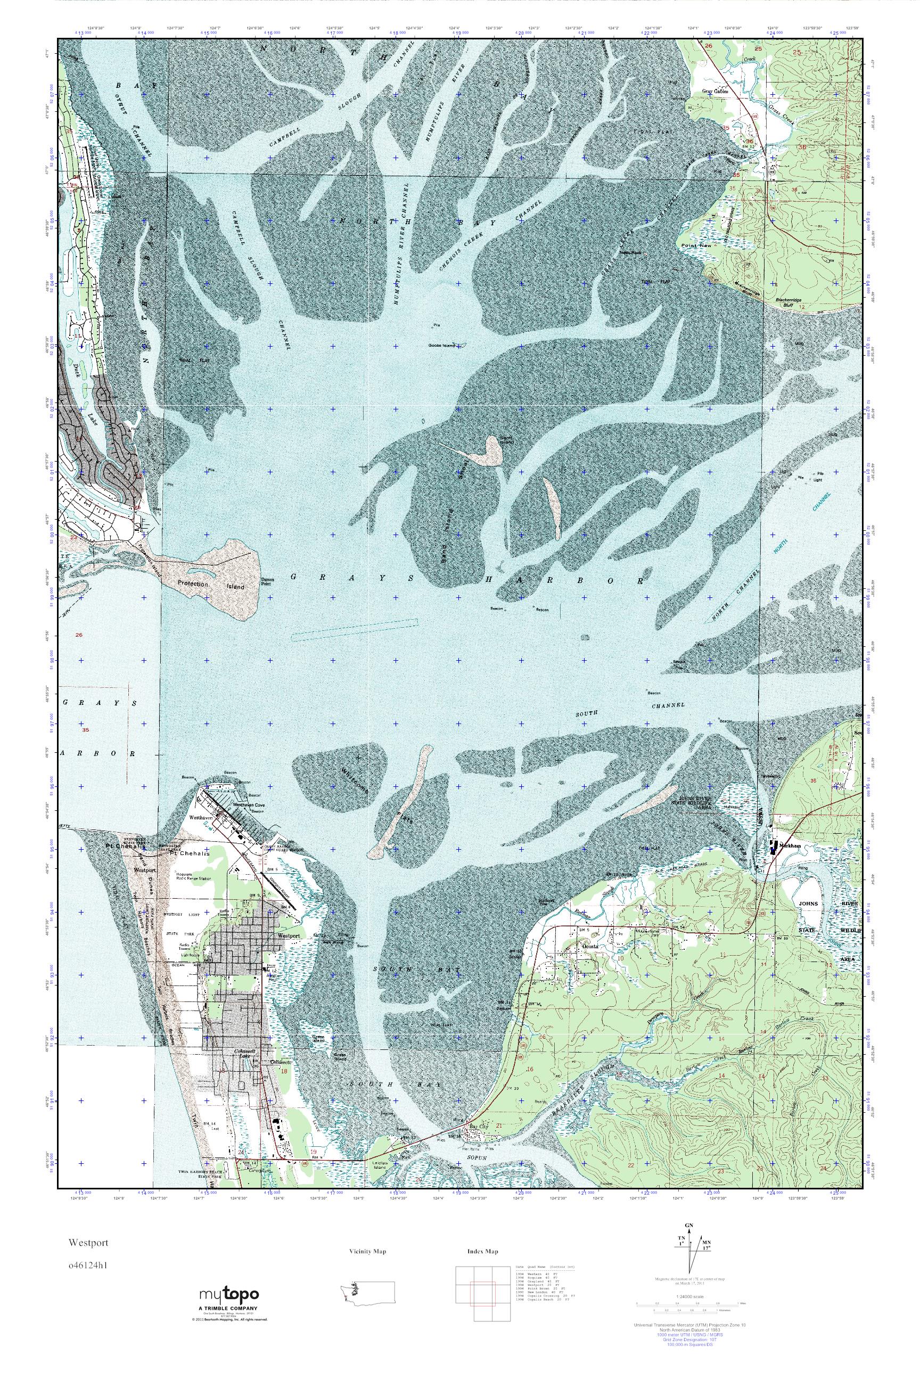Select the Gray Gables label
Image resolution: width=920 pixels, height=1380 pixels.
(x=715, y=92)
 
